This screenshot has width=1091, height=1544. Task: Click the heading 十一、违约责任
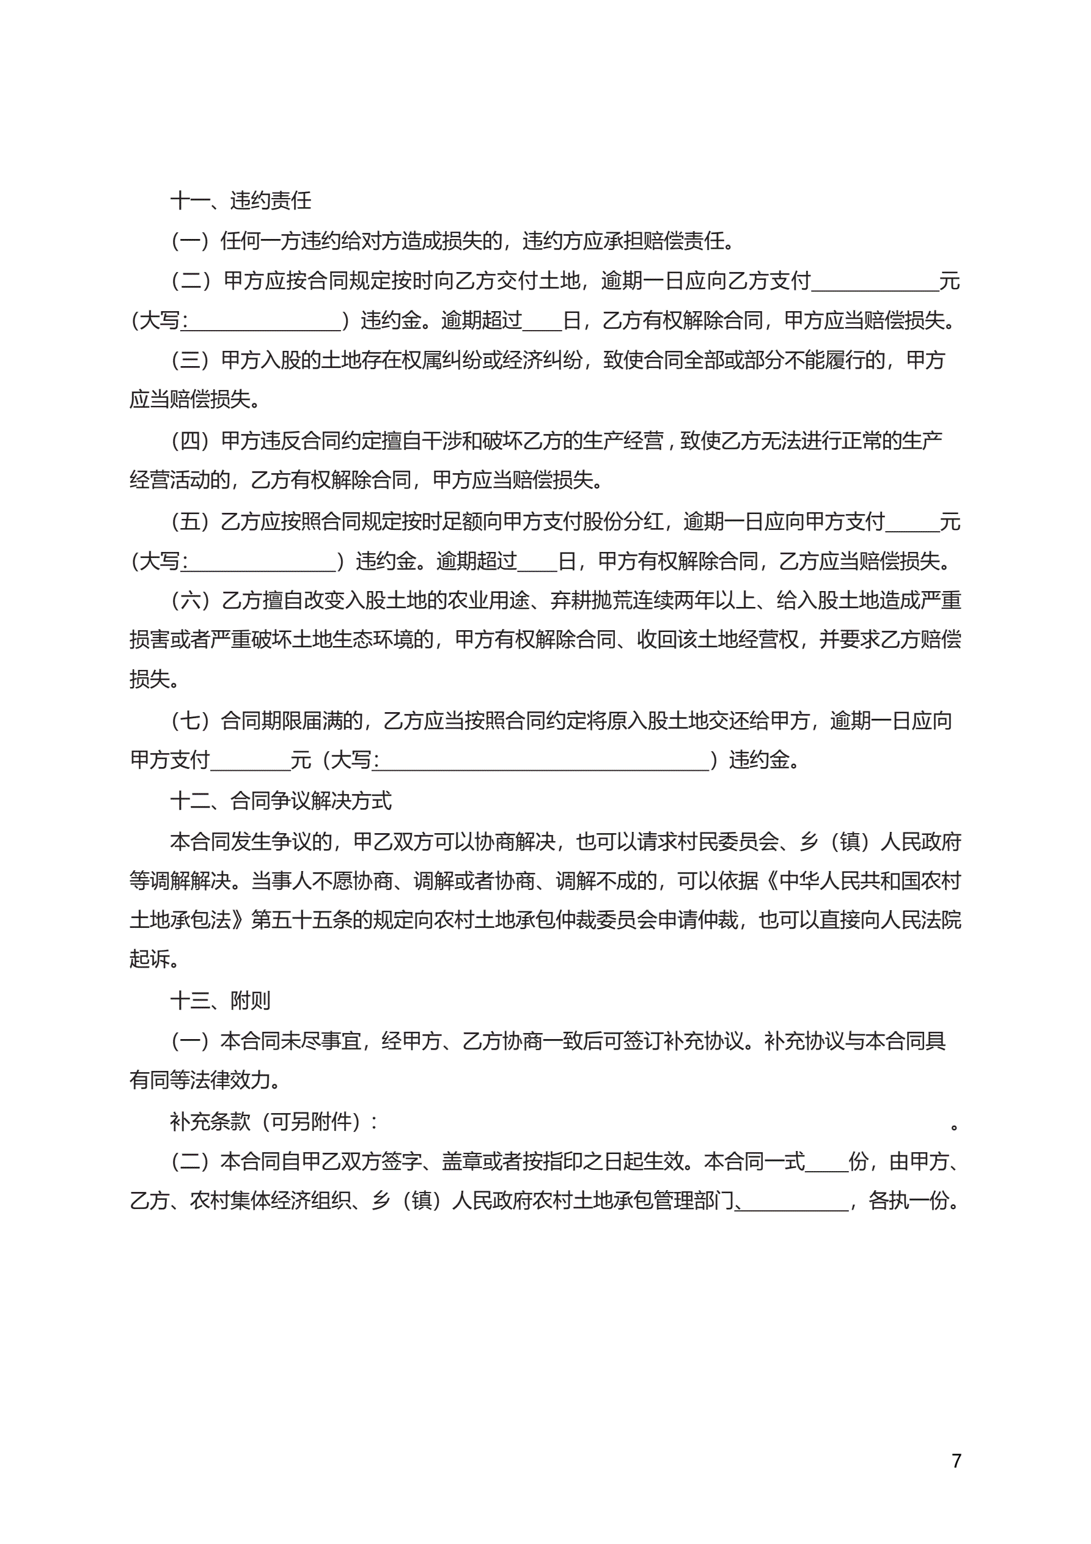coord(241,200)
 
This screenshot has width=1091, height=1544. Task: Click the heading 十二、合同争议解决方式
coord(281,801)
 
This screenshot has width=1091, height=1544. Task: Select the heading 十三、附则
coord(221,1001)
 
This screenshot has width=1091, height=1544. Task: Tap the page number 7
coord(957,1461)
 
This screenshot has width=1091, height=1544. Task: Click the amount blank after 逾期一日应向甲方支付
coord(912,523)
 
